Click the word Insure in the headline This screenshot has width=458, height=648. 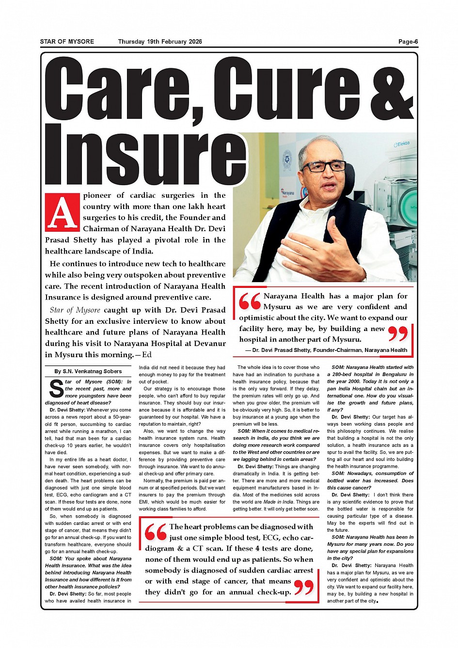(x=145, y=156)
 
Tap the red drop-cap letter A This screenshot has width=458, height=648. (x=62, y=212)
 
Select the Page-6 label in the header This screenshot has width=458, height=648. (x=408, y=42)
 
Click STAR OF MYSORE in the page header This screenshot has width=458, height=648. (x=67, y=42)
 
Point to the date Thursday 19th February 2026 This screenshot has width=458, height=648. (x=160, y=42)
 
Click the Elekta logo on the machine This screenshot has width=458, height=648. (x=402, y=144)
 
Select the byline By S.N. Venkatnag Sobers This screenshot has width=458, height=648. (x=88, y=371)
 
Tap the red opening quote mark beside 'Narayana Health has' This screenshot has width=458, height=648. (x=250, y=301)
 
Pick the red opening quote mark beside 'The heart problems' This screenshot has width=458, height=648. (x=156, y=532)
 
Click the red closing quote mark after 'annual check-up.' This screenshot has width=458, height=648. (x=304, y=587)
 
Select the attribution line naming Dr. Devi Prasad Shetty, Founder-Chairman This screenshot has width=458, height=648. (x=326, y=350)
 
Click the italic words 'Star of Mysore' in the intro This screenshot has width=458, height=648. (x=75, y=310)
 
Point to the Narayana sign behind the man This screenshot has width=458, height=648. (x=288, y=193)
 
